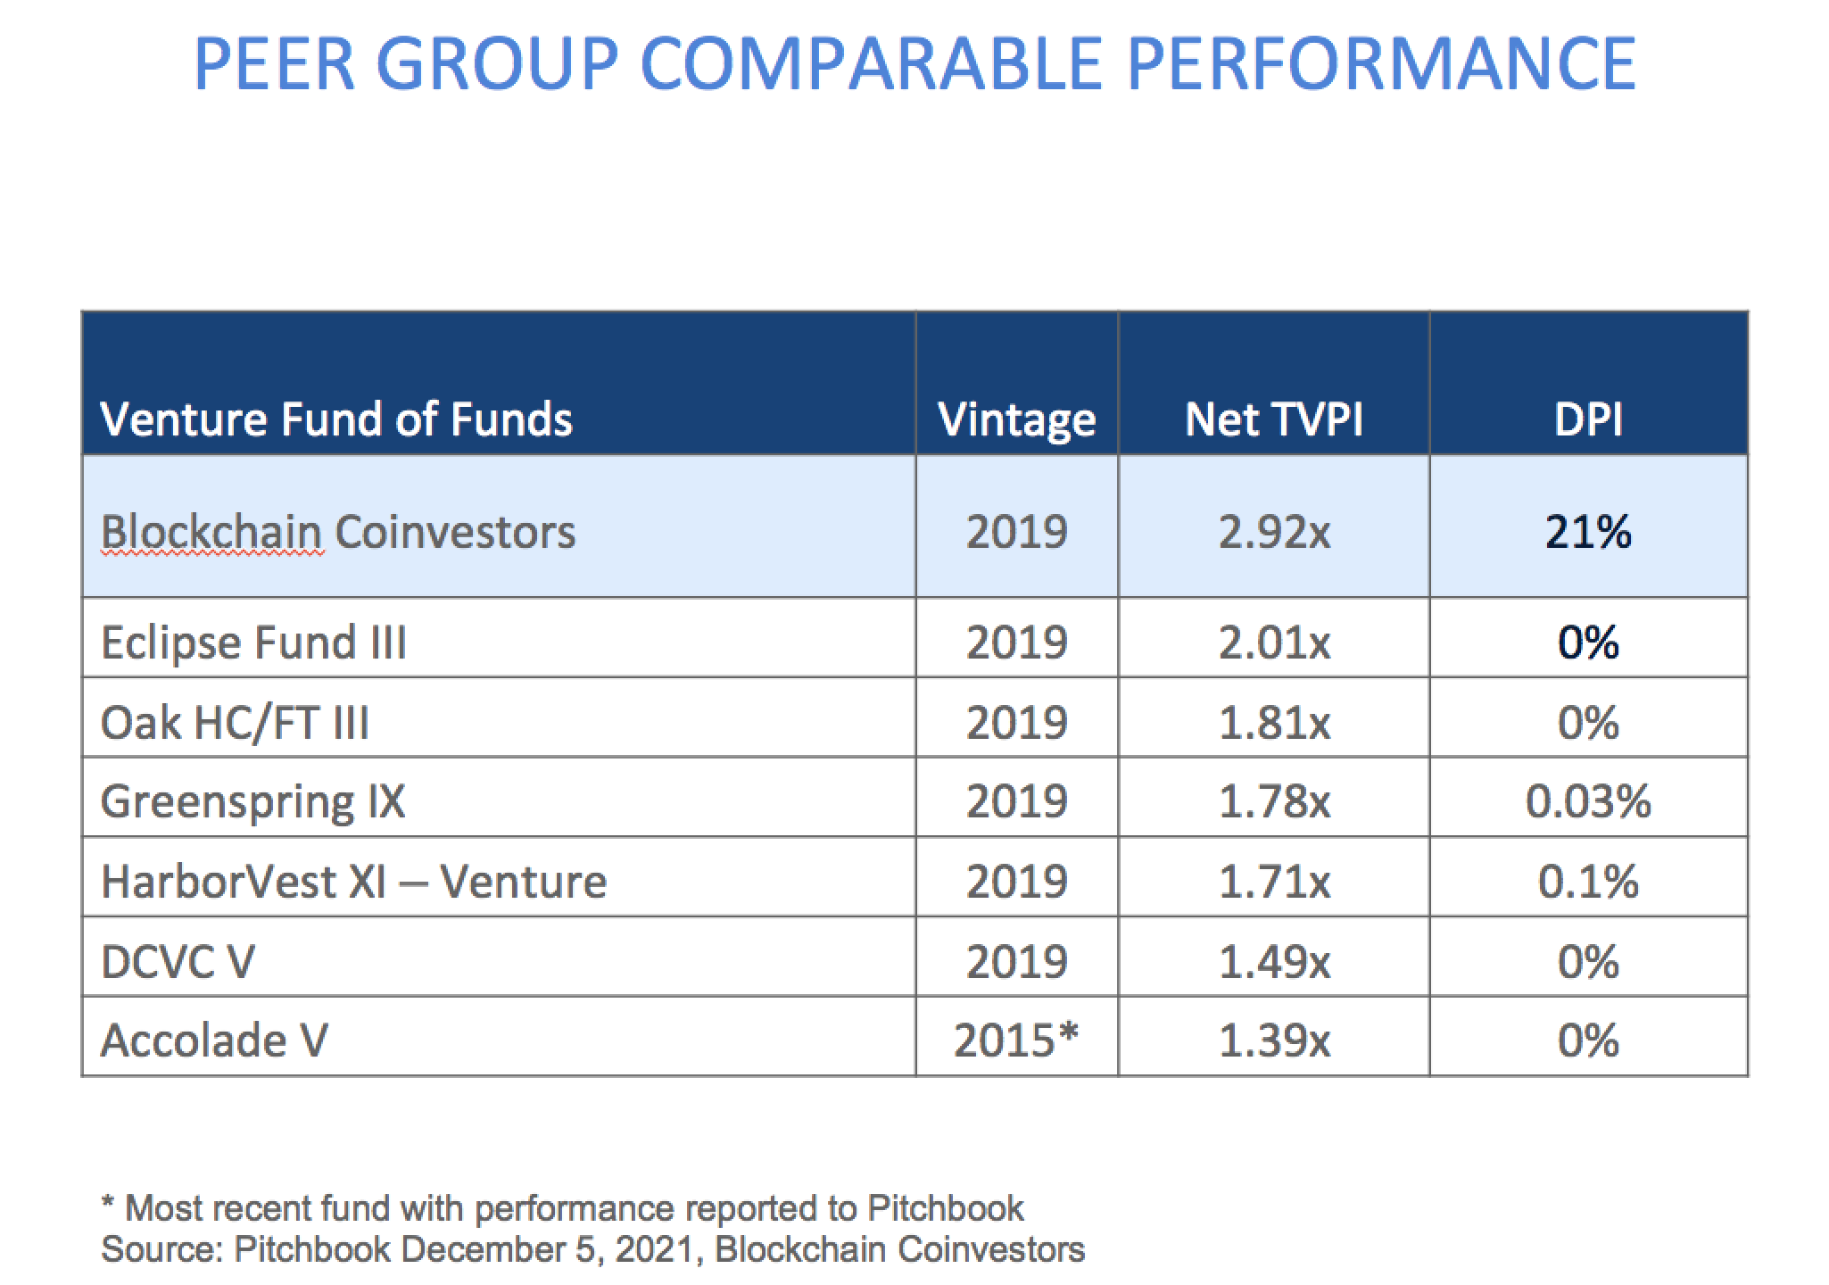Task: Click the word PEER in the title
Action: coord(273,64)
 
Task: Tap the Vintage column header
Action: coord(1016,419)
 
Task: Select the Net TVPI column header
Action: coord(1273,419)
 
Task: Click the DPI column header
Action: coord(1587,419)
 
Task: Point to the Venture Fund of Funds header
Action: coord(336,419)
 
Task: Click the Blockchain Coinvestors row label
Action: coord(338,533)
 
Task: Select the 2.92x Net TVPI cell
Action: coord(1273,533)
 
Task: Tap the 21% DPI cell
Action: coord(1587,533)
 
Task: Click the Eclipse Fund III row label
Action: coord(253,642)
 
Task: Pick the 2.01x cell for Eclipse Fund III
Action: coord(1273,642)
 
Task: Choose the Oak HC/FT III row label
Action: coord(235,722)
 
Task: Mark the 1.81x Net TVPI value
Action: coord(1273,722)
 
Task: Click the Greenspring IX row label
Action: coord(252,801)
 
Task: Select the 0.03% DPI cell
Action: coord(1587,801)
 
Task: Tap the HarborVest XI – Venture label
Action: coord(353,882)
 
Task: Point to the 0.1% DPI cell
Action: coord(1587,882)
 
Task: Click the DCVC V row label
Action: coord(178,962)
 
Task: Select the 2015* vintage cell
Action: coord(1016,1040)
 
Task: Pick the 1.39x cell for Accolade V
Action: coord(1273,1040)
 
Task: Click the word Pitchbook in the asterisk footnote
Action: coord(945,1208)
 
